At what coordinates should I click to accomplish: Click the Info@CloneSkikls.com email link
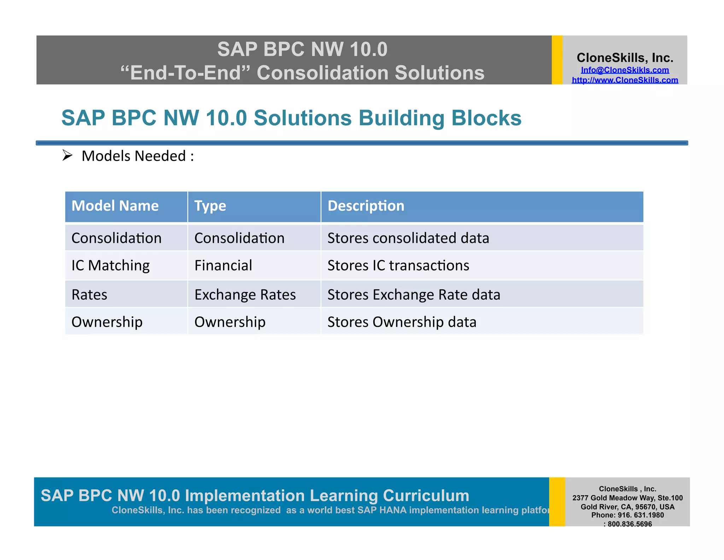click(x=625, y=70)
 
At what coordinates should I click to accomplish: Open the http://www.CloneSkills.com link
click(x=625, y=80)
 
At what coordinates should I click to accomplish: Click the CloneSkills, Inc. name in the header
click(x=625, y=58)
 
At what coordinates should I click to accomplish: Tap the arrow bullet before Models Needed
click(x=67, y=155)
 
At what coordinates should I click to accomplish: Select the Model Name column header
click(x=115, y=206)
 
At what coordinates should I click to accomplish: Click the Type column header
click(x=210, y=206)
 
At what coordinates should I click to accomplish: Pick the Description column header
click(x=366, y=206)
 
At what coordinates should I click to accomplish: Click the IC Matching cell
click(x=110, y=265)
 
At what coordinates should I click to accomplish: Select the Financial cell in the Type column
click(x=223, y=265)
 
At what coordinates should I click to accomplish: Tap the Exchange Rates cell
click(x=245, y=295)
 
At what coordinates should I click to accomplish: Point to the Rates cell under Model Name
click(x=89, y=295)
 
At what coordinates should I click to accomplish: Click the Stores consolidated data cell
click(x=408, y=238)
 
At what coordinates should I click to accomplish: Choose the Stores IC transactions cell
click(x=398, y=265)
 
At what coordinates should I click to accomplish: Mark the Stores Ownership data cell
click(x=402, y=322)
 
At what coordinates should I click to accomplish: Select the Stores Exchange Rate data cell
click(x=414, y=295)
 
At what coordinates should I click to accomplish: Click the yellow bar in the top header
click(x=557, y=60)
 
